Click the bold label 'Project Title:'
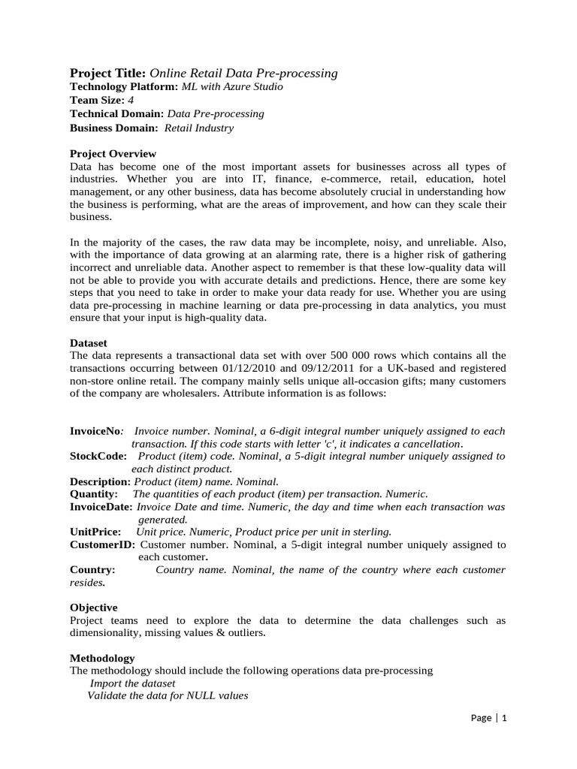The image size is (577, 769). coord(108,73)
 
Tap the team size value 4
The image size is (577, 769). coord(131,100)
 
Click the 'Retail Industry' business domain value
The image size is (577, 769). coord(198,128)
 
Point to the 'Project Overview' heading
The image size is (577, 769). coord(113,153)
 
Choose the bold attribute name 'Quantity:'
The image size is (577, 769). coord(94,493)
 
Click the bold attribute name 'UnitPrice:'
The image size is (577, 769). coord(95,531)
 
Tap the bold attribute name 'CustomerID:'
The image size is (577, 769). coord(102,544)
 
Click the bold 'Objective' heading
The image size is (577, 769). coord(93,607)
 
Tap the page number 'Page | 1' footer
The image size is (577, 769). coord(489,718)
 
